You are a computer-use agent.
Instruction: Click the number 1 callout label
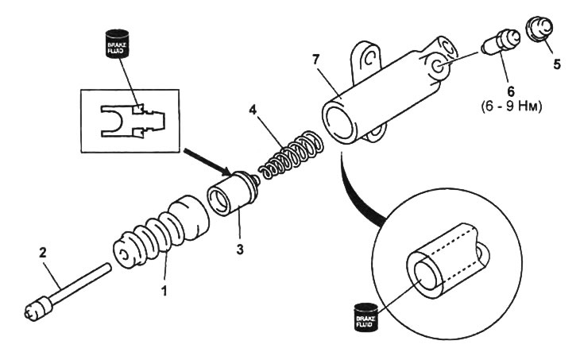[x=164, y=291]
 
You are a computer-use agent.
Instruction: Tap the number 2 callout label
[x=43, y=253]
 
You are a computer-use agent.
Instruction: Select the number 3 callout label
[x=240, y=250]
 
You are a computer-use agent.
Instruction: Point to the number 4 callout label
[x=253, y=110]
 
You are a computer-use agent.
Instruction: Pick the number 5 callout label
[x=557, y=64]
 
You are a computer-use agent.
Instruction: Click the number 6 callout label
[x=511, y=91]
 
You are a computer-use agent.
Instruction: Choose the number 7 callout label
[x=315, y=59]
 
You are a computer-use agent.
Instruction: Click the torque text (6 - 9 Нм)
[x=512, y=107]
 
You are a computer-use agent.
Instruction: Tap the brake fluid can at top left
[x=118, y=44]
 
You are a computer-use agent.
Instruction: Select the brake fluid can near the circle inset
[x=365, y=317]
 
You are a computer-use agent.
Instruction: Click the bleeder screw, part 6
[x=501, y=42]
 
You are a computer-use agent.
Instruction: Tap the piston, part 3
[x=233, y=193]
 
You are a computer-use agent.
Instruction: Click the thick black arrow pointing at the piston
[x=207, y=162]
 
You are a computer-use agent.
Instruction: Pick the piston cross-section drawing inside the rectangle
[x=133, y=122]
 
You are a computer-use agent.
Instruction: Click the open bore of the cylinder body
[x=338, y=122]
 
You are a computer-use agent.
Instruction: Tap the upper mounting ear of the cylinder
[x=365, y=60]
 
